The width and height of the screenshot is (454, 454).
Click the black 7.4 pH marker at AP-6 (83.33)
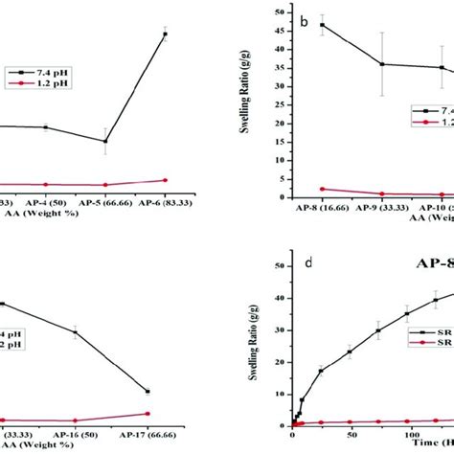point(165,34)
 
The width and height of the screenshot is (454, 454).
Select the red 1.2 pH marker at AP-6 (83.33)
point(165,180)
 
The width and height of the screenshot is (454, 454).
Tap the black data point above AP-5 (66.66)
point(105,141)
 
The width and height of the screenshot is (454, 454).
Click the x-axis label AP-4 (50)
point(45,202)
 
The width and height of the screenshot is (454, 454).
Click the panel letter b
point(304,19)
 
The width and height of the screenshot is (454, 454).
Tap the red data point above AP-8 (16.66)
point(322,189)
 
